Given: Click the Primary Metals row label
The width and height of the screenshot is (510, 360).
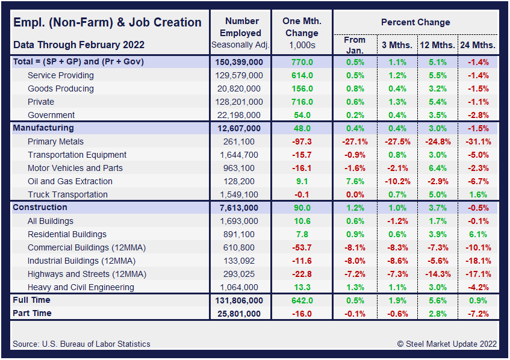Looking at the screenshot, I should [x=56, y=141].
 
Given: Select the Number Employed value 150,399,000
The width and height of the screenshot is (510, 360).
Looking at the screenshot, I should [x=238, y=62].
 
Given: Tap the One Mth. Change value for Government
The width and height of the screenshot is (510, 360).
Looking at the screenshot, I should [x=302, y=115].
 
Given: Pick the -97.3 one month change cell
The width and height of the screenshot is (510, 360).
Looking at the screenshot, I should [x=302, y=141].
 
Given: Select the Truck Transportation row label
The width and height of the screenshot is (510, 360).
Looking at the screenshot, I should [x=67, y=194].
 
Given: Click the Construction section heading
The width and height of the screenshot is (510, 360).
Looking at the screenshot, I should [x=40, y=208].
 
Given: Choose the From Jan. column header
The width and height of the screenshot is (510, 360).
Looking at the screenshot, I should [x=355, y=45].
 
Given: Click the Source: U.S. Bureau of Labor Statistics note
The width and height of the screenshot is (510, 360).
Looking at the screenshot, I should [x=81, y=344].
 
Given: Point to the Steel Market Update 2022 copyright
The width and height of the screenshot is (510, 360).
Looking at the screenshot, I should [x=447, y=344].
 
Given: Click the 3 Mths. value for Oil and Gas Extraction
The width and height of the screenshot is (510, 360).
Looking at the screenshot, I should [x=397, y=181].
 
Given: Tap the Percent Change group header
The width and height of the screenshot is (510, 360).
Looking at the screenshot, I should [x=415, y=22].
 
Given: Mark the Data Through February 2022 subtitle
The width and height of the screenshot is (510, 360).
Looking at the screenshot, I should [x=78, y=45].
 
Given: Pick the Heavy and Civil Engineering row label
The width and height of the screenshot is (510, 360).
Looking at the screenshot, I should [x=81, y=287].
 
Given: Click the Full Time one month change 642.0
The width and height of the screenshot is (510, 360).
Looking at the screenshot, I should [x=302, y=300].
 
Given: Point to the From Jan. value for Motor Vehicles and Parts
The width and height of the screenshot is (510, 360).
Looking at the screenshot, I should [x=355, y=168].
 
